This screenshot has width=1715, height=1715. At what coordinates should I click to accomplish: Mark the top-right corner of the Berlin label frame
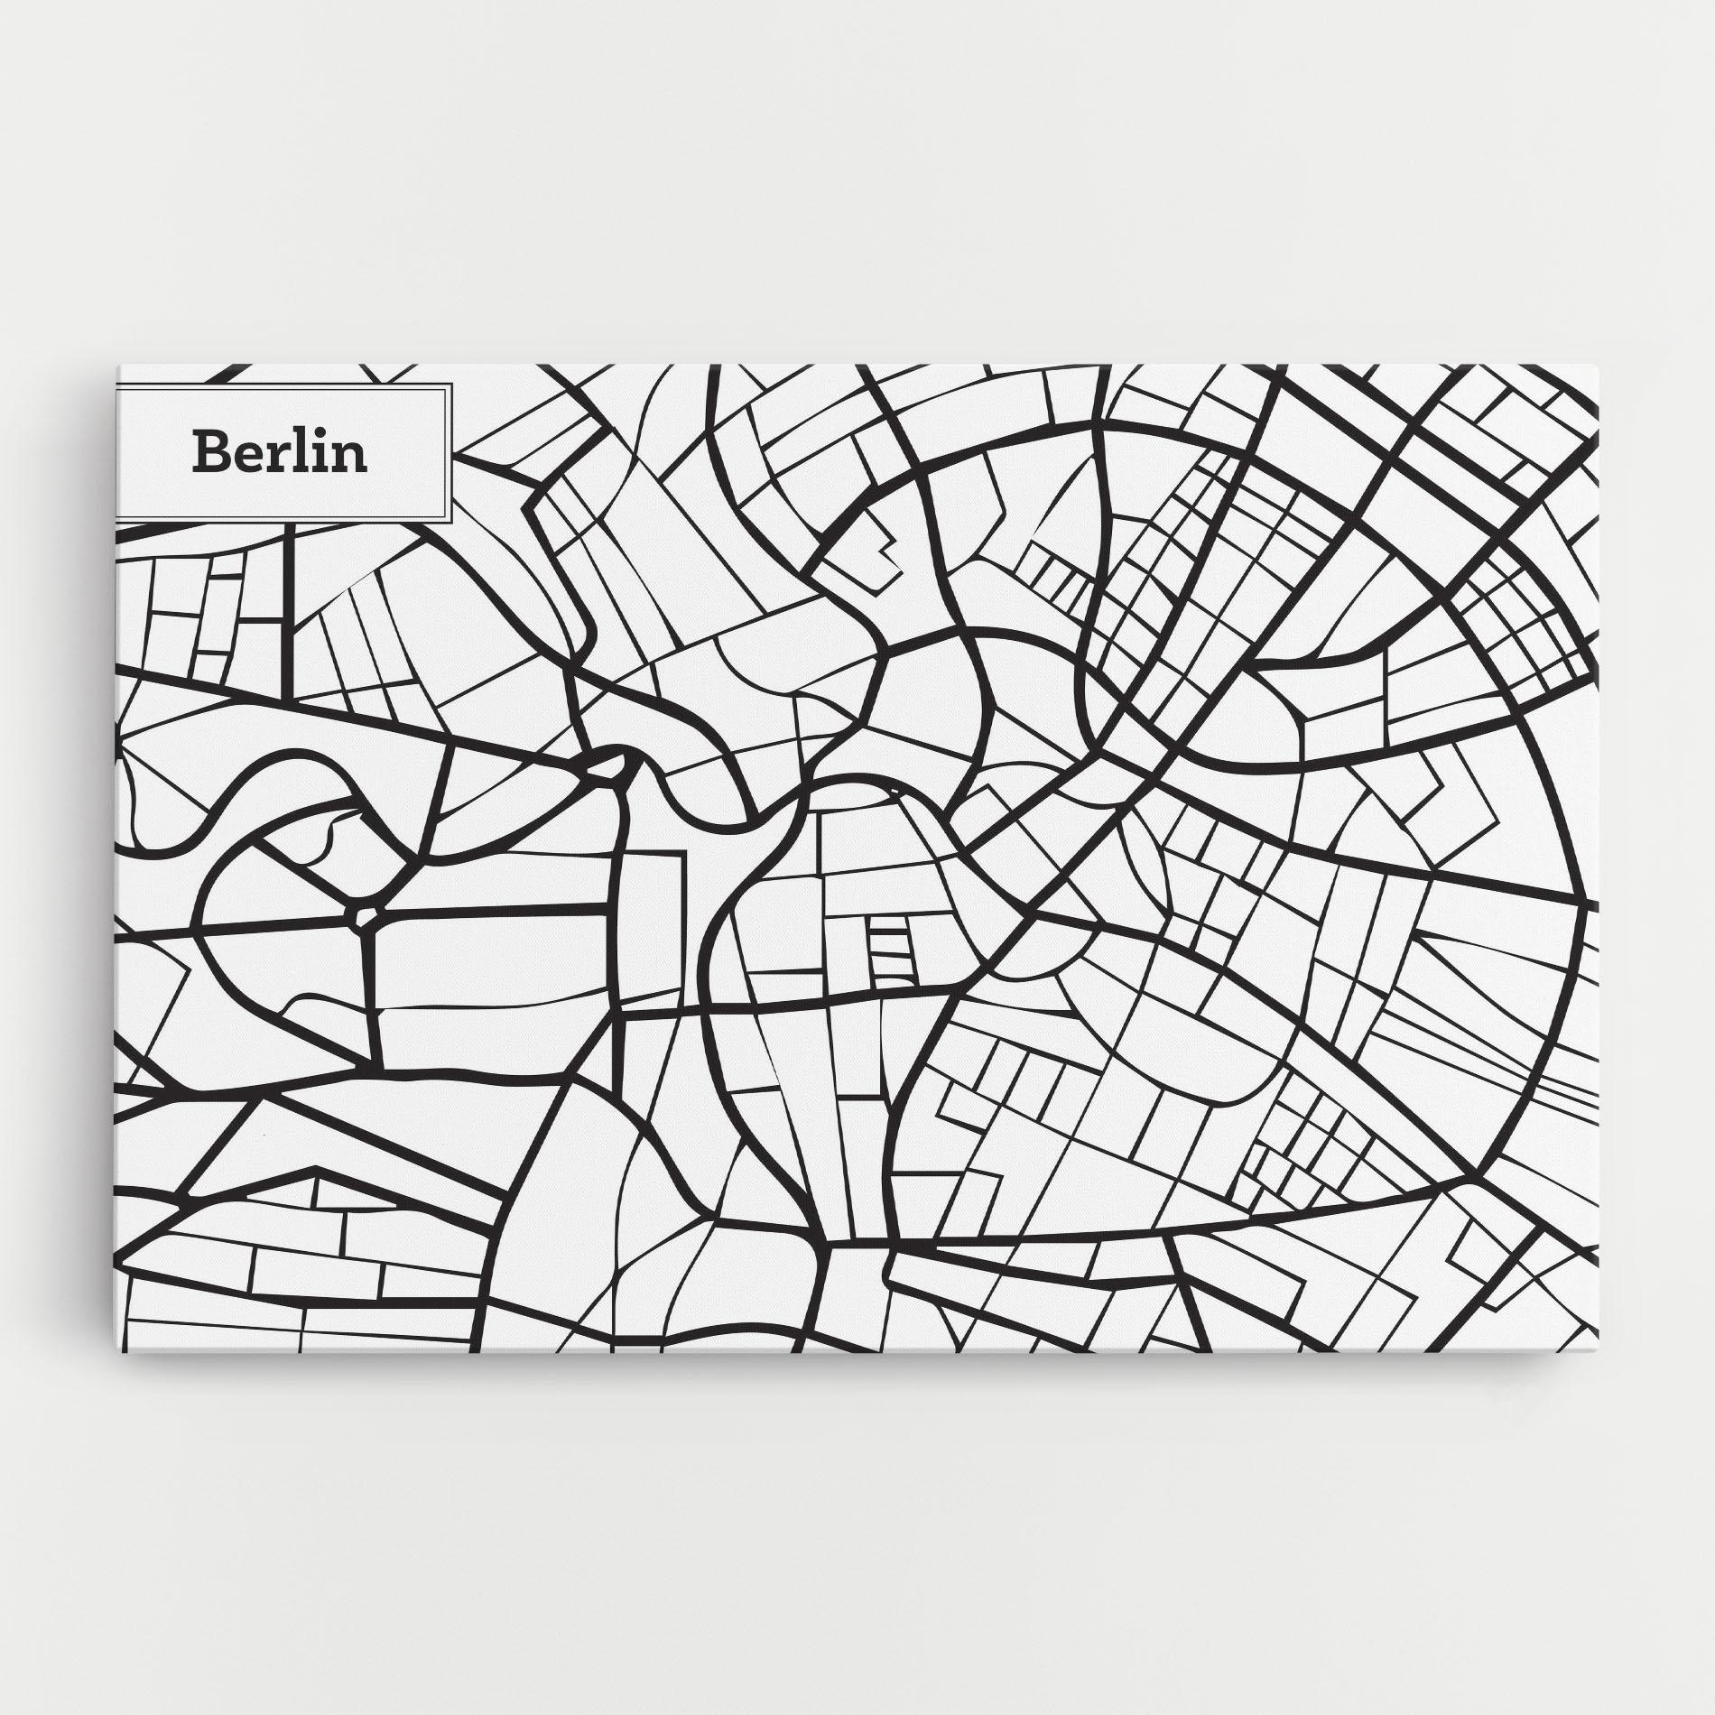pos(450,384)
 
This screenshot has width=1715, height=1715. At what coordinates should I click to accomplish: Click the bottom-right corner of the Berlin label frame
pos(450,521)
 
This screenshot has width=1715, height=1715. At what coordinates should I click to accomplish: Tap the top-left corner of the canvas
pos(117,366)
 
